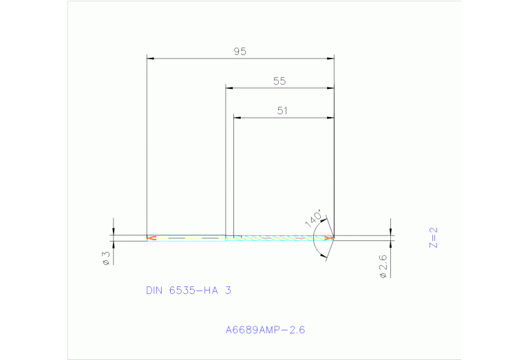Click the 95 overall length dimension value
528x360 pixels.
tap(240, 52)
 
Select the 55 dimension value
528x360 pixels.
tap(279, 81)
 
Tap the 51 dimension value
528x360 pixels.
tap(282, 110)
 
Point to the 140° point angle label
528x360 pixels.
tap(314, 218)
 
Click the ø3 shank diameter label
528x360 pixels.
tap(106, 258)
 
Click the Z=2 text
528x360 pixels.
tap(433, 237)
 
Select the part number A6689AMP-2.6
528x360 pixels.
tap(265, 330)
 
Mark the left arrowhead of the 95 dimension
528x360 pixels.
tap(151, 59)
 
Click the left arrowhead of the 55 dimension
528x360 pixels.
tap(231, 88)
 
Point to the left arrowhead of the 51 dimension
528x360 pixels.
tap(237, 118)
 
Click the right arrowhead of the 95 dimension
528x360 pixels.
tap(330, 59)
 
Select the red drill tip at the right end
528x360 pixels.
tap(330, 238)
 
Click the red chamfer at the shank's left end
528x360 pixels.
tap(151, 238)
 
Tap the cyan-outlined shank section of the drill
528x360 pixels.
tap(187, 238)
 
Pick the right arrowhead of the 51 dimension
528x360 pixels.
tap(330, 118)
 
